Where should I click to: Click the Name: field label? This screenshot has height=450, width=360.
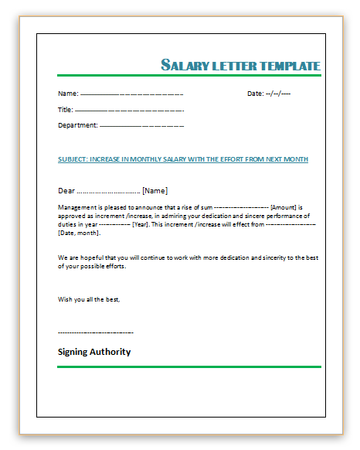(68, 94)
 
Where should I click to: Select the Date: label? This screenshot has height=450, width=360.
(255, 94)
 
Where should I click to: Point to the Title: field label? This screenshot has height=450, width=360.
(66, 110)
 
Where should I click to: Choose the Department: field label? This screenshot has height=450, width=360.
(78, 125)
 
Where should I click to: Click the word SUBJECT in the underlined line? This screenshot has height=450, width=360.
(72, 159)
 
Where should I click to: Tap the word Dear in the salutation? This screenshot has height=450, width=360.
(66, 190)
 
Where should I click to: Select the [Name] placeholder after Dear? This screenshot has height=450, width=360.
(155, 190)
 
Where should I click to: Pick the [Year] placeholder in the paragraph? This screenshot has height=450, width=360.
(140, 224)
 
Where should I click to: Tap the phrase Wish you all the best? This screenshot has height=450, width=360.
(89, 298)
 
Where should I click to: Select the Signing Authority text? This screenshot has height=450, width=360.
(94, 352)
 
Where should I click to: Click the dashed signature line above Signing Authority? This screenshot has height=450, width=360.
(95, 332)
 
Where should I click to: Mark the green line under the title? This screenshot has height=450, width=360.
(188, 75)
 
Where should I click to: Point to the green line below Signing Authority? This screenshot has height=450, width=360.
(188, 366)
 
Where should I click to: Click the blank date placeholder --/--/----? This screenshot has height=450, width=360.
(278, 94)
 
